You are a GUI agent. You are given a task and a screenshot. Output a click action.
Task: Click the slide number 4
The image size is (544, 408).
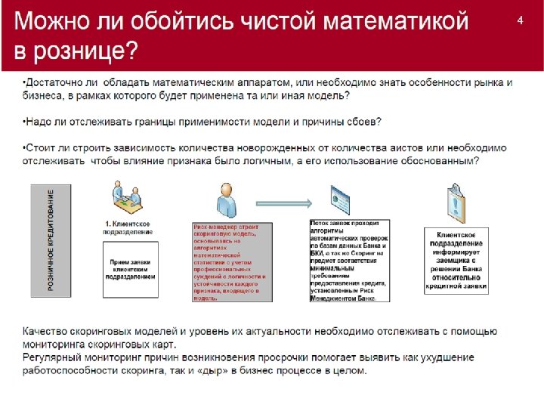(520, 20)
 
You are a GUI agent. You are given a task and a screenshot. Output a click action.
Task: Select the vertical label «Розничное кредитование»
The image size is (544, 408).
(51, 240)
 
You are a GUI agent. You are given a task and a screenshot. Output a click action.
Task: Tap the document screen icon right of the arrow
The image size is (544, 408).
(341, 201)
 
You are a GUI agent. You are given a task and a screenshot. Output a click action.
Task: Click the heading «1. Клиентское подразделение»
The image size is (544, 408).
(126, 228)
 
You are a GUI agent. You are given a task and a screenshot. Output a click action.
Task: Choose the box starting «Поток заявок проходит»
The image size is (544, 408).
(350, 261)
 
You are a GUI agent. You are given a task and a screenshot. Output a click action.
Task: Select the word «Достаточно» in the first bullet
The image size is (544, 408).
(54, 82)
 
